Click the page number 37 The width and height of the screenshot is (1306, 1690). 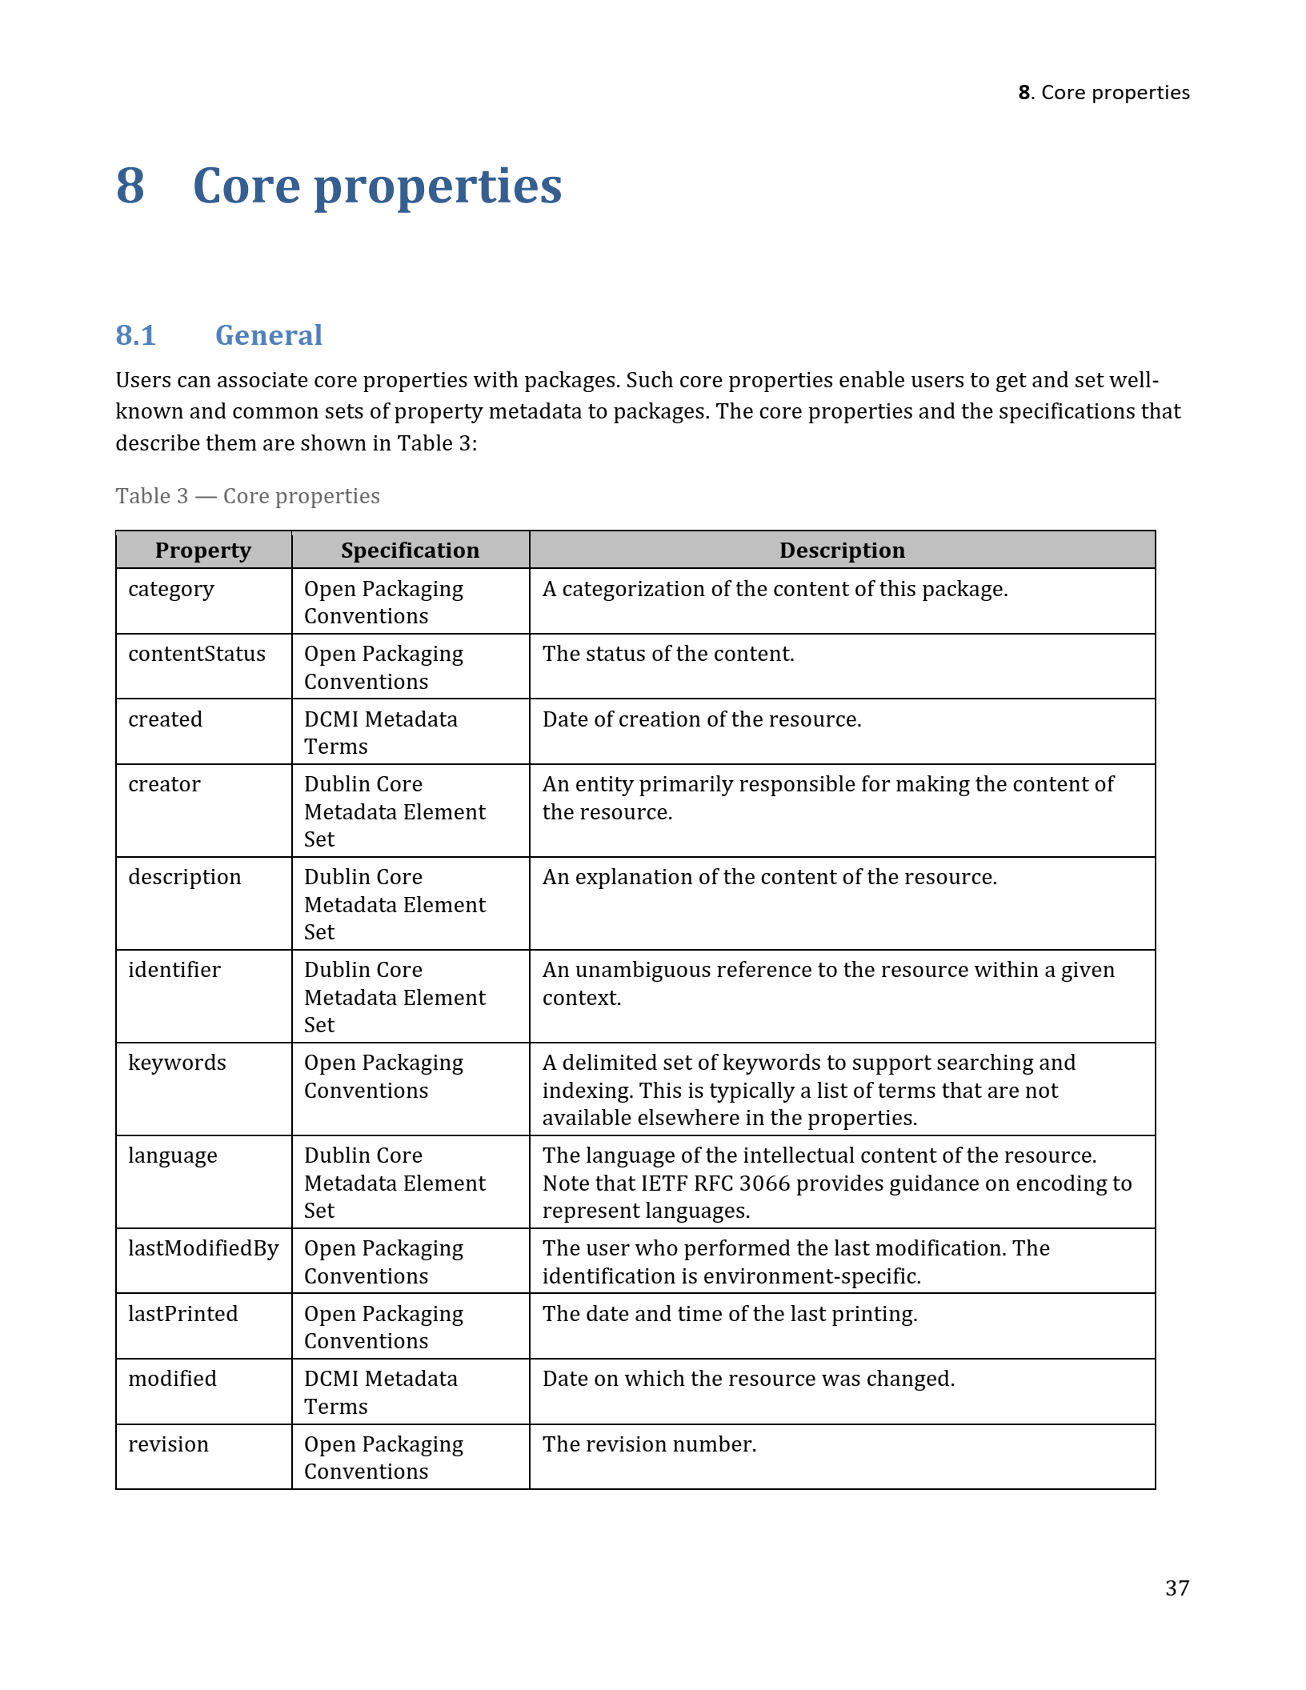point(1176,1588)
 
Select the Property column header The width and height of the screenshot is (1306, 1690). point(203,551)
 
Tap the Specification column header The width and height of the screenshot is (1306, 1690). point(410,551)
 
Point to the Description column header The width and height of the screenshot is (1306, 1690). point(842,551)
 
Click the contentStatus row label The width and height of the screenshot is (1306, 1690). point(197,654)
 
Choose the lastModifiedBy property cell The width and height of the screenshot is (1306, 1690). point(203,1248)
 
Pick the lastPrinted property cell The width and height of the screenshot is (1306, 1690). point(183,1314)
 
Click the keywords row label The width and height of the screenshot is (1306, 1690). point(177,1063)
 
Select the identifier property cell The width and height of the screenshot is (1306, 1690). point(174,970)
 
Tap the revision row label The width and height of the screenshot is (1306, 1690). point(168,1444)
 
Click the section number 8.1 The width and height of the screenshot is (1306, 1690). point(135,335)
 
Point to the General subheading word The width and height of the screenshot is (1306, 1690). point(269,335)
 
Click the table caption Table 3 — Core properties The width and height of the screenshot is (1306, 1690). point(247,496)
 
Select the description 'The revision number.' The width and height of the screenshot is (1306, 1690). point(649,1444)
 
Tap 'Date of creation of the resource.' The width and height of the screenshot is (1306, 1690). point(702,719)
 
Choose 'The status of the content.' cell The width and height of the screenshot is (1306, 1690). point(668,654)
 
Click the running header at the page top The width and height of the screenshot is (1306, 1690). point(1104,93)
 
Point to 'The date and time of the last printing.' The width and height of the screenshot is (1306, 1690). point(730,1314)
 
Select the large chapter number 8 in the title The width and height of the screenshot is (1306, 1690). point(130,186)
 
